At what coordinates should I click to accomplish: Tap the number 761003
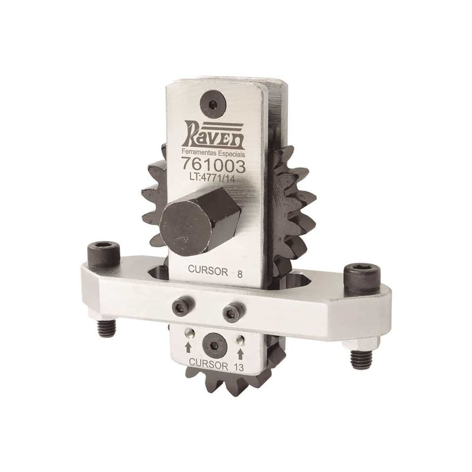[213, 166]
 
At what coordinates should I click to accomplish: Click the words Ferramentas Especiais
[214, 153]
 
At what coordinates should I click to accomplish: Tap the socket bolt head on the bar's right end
[362, 279]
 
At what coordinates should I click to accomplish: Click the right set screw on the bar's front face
[233, 312]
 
